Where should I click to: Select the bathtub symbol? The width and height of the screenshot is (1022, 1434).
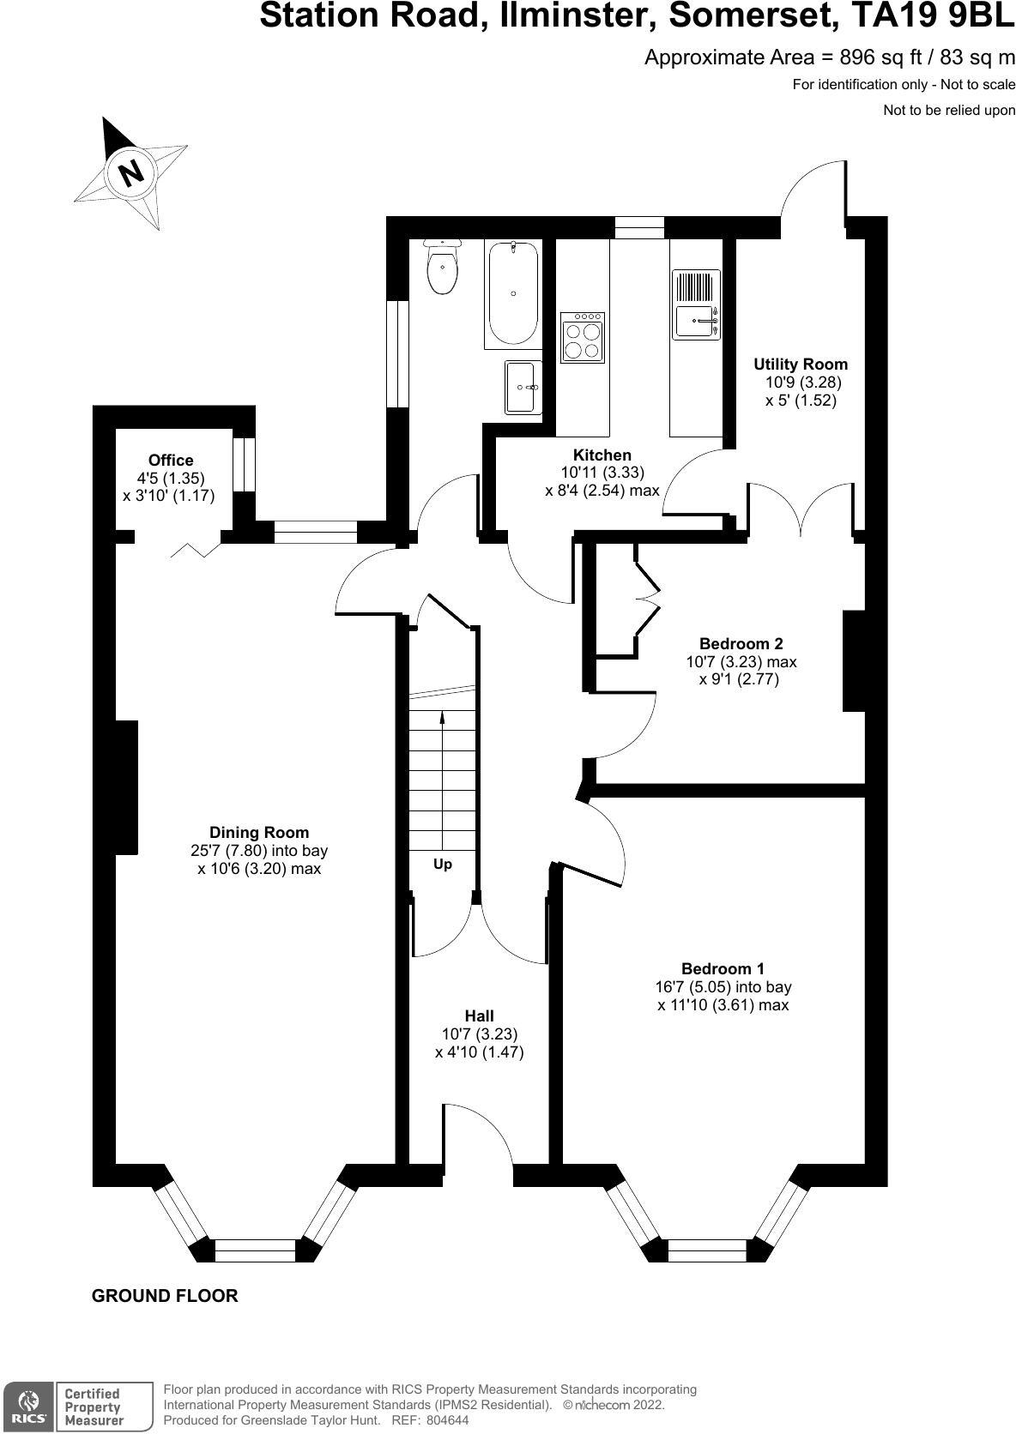(513, 293)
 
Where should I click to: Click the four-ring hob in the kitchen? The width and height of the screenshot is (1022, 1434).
(583, 338)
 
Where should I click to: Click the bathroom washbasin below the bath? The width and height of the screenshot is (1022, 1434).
(522, 388)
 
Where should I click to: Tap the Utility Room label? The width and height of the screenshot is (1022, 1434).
(801, 365)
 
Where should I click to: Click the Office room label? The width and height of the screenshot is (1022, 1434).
(171, 461)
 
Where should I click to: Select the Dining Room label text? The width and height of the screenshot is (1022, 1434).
(259, 832)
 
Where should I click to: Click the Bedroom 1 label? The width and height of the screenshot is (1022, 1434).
(723, 968)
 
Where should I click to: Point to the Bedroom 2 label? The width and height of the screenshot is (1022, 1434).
(741, 643)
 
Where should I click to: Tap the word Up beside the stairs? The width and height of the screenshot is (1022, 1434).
(443, 865)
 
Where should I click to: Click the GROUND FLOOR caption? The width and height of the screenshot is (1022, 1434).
(165, 1296)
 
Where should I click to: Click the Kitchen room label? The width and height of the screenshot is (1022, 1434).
(602, 455)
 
